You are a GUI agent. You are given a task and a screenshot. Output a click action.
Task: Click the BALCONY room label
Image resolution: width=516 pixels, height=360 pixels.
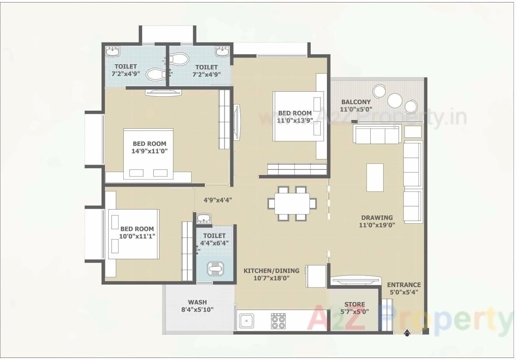point(356,102)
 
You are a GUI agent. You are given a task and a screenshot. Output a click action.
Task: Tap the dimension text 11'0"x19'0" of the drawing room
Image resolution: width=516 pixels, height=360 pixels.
point(376,225)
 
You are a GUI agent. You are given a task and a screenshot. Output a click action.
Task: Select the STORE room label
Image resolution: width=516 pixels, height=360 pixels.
point(354,305)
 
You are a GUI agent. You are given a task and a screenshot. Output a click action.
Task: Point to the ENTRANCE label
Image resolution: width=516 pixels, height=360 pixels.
point(404,285)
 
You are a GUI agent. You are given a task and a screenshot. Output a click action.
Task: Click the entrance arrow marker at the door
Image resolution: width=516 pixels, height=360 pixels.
point(407,332)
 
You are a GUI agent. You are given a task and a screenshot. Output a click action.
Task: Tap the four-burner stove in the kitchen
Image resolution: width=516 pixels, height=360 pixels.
point(278,321)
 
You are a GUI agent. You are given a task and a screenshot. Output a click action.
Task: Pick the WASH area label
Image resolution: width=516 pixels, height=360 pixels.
point(197,302)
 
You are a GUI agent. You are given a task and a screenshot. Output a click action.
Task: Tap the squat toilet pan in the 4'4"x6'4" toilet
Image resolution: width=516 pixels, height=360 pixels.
point(215,269)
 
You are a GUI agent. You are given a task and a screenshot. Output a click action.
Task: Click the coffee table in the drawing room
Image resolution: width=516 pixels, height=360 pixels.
point(375,177)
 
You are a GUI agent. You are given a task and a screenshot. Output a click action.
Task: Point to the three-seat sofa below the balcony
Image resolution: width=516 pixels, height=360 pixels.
point(376,134)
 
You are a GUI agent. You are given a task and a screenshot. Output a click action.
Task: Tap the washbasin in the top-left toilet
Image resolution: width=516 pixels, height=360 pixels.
point(112,51)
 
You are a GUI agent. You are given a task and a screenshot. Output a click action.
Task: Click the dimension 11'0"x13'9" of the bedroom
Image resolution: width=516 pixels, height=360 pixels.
point(295,121)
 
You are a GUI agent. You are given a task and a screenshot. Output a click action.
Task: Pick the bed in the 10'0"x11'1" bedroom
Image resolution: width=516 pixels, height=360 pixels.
point(134,234)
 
